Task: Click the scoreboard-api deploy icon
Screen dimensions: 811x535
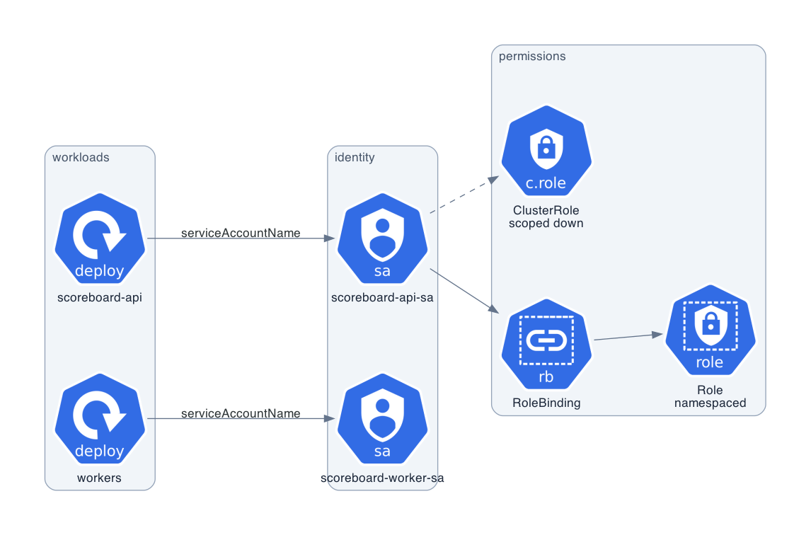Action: [x=100, y=238]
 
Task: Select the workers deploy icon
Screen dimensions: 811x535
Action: [x=100, y=418]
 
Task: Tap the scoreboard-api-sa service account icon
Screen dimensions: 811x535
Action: [x=382, y=238]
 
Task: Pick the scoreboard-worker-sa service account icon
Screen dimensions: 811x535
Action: [x=382, y=418]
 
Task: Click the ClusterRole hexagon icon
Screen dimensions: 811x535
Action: [x=546, y=151]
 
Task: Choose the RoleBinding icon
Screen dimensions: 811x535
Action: [x=546, y=344]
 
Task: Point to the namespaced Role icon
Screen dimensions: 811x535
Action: [x=710, y=330]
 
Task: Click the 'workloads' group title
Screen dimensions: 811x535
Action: [x=81, y=157]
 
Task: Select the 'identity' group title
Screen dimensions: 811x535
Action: [x=355, y=157]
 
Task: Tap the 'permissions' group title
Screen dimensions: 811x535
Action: [x=532, y=57]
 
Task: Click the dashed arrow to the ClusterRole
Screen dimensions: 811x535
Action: [x=464, y=195]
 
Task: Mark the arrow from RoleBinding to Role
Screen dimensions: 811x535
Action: [x=628, y=337]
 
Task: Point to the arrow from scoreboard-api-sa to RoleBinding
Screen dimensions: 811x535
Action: [x=464, y=292]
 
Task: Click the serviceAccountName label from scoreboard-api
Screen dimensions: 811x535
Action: [x=241, y=233]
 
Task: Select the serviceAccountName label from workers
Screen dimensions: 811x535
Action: [x=241, y=413]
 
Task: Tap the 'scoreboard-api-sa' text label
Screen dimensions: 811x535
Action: [x=382, y=297]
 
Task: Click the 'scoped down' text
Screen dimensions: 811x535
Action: [x=546, y=224]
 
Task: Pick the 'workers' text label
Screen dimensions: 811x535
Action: [x=99, y=478]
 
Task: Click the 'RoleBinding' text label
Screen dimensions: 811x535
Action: [x=546, y=403]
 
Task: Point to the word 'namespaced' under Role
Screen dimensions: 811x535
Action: [x=710, y=403]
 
